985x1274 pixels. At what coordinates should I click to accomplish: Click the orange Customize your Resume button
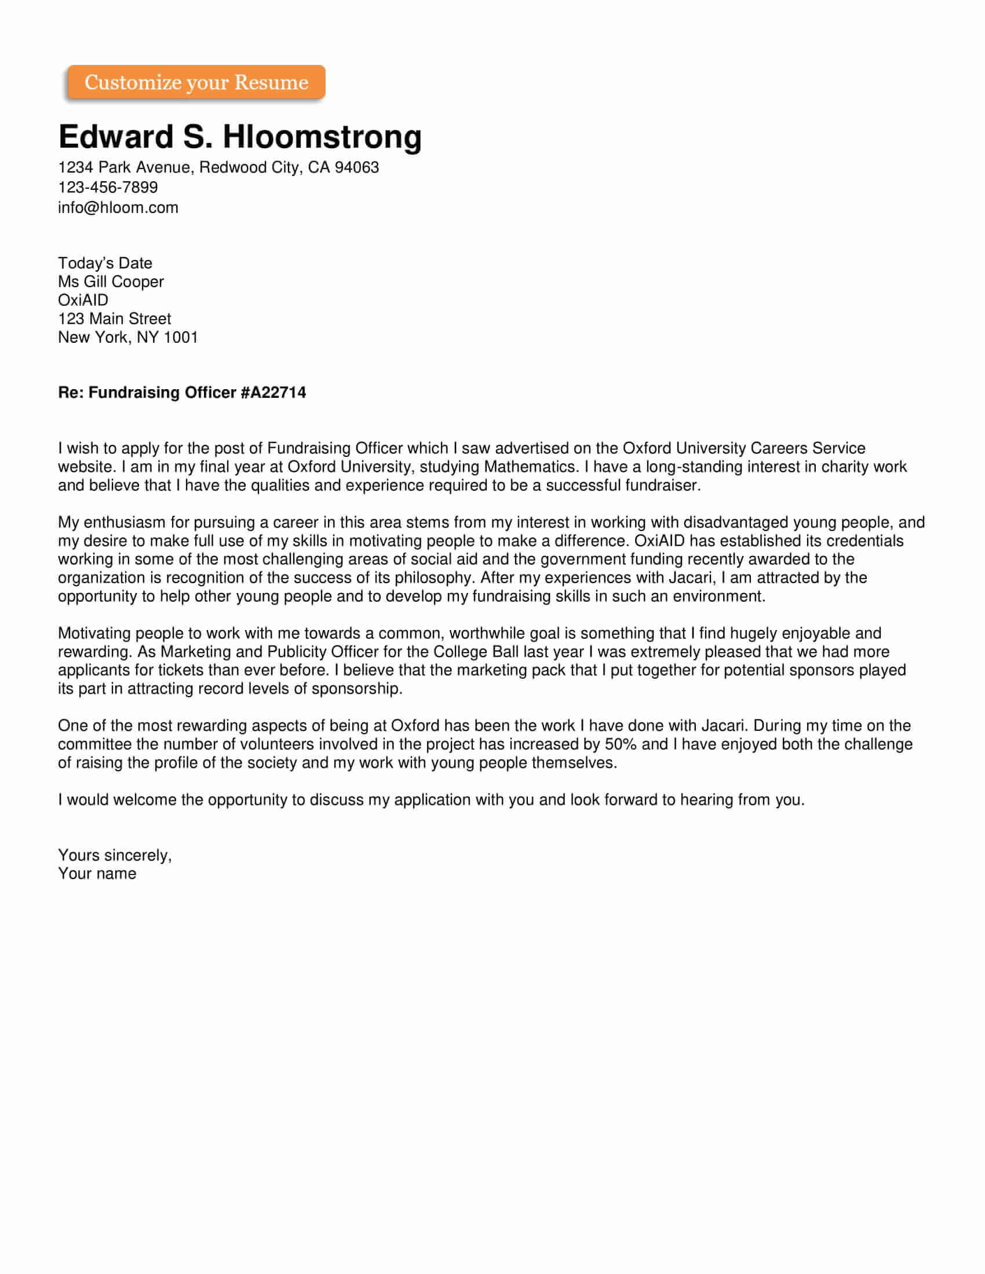[196, 82]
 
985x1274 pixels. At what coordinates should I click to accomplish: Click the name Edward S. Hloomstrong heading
[240, 137]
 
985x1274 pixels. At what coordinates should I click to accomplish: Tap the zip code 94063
[356, 167]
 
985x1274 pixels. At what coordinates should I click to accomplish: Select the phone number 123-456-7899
[108, 187]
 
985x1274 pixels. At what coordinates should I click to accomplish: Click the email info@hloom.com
[118, 208]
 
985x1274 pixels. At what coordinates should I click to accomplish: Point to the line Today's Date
[105, 263]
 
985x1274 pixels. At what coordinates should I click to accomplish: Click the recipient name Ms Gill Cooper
[111, 282]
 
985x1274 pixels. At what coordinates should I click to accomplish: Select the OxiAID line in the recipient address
[83, 301]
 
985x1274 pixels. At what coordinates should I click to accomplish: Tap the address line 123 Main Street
[114, 319]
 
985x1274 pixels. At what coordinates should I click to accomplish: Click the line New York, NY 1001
[128, 338]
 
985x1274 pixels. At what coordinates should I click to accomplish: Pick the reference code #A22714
[273, 393]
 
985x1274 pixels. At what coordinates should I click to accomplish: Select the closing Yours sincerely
[114, 855]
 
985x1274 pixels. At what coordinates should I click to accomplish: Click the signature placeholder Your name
[97, 874]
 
